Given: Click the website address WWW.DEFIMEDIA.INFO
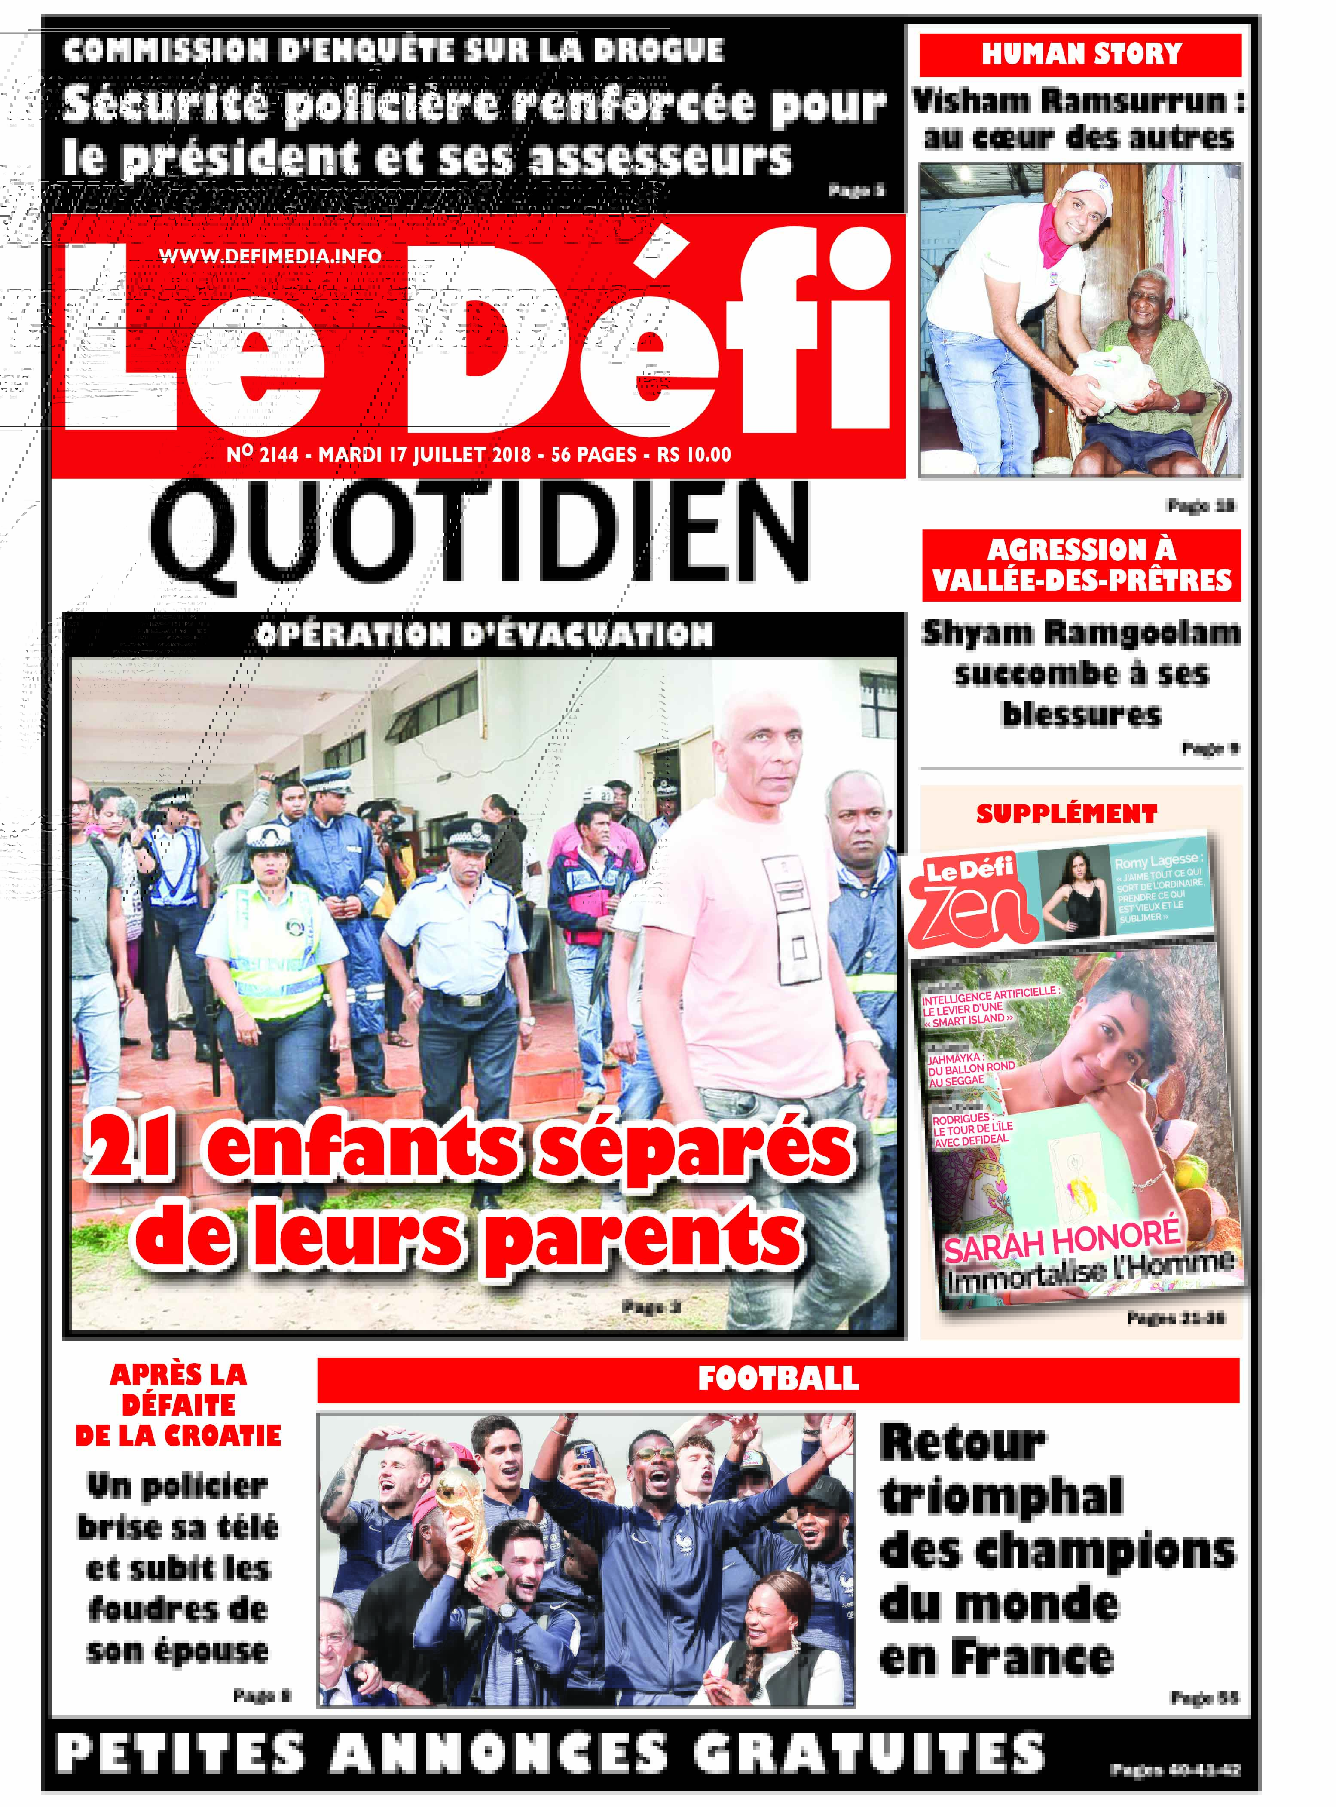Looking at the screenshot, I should (x=270, y=256).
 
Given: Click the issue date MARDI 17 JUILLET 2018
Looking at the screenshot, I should (x=425, y=454).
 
